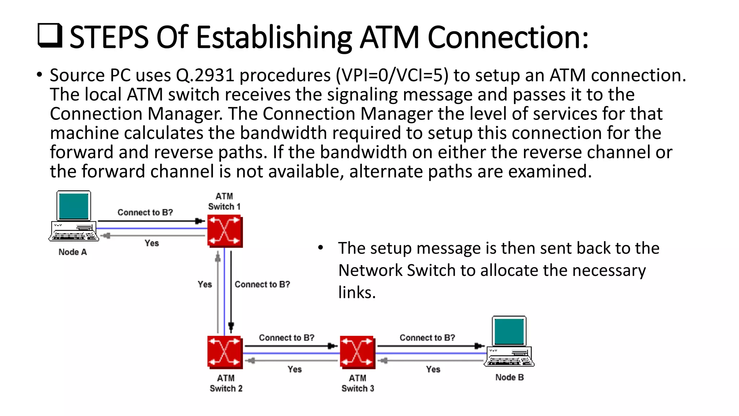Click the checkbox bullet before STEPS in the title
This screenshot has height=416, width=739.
pyautogui.click(x=50, y=36)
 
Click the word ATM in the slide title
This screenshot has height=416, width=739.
pyautogui.click(x=389, y=37)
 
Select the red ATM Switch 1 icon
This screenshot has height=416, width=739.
pyautogui.click(x=225, y=231)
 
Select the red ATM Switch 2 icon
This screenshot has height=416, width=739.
pyautogui.click(x=225, y=352)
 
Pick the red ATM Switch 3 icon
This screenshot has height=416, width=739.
pyautogui.click(x=357, y=352)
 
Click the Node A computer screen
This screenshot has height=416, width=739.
pyautogui.click(x=74, y=206)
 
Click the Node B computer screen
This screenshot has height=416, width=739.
pyautogui.click(x=509, y=331)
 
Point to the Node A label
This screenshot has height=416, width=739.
pyautogui.click(x=73, y=252)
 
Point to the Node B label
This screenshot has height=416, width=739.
pyautogui.click(x=509, y=377)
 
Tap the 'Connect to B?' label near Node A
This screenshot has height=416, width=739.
pyautogui.click(x=145, y=212)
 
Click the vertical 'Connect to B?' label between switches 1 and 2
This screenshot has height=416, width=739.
pyautogui.click(x=262, y=285)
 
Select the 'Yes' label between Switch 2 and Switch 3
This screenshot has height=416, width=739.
pyautogui.click(x=294, y=369)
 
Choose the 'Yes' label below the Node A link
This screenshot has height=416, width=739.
pyautogui.click(x=152, y=243)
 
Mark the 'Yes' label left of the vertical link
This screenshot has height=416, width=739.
pyautogui.click(x=205, y=285)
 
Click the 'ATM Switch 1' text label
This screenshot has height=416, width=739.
pyautogui.click(x=224, y=201)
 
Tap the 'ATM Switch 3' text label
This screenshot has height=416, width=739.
pyautogui.click(x=358, y=383)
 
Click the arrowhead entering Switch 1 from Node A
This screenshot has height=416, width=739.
pyautogui.click(x=200, y=221)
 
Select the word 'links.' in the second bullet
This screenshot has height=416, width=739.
pyautogui.click(x=357, y=292)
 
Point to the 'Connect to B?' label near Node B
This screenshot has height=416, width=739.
pyautogui.click(x=427, y=338)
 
